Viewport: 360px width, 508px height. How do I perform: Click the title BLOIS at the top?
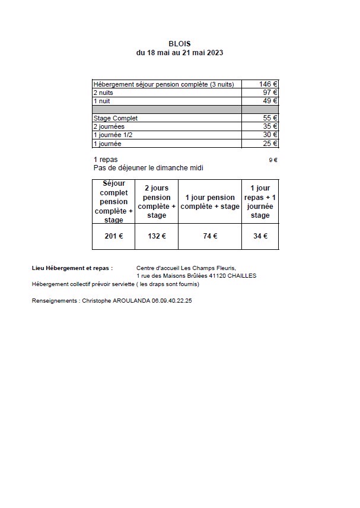point(179,43)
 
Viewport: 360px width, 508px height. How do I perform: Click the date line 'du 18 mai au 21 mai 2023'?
point(179,52)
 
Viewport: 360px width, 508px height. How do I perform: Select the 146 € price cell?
point(268,84)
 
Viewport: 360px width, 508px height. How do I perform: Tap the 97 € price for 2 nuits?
point(270,93)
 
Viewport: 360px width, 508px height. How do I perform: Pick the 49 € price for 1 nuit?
point(270,101)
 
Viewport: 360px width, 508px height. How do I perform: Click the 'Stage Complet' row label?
point(116,118)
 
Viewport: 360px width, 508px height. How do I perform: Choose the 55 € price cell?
point(270,118)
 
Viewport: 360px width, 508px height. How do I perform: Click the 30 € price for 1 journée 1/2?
point(270,135)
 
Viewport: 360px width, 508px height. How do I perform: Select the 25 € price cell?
point(270,144)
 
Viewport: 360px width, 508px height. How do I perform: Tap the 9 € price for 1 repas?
point(273,160)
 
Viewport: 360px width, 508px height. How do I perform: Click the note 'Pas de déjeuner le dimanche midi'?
point(148,168)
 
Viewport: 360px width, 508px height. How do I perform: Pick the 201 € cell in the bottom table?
point(114,236)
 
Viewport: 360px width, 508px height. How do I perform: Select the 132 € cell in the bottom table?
point(157,236)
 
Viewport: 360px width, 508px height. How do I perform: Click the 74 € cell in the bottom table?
point(210,236)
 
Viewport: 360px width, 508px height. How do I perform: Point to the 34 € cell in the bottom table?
point(260,236)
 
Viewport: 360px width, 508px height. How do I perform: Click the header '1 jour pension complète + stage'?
point(210,202)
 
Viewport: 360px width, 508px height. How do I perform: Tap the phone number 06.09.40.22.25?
point(171,301)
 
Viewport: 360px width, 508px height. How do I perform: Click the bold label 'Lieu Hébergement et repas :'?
point(72,268)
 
